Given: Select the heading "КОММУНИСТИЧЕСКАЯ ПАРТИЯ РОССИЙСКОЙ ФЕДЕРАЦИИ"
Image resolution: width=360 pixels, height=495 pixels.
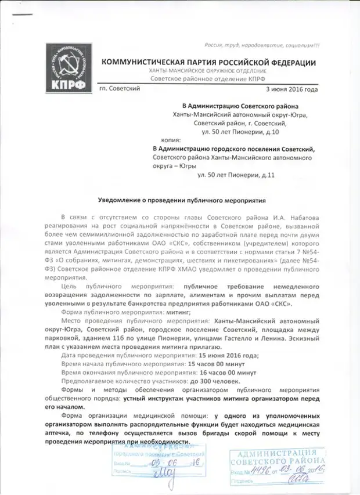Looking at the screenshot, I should click(209, 63).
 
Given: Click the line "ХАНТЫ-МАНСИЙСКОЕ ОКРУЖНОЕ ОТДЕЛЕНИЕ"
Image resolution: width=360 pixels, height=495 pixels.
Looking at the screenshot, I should click(208, 71).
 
